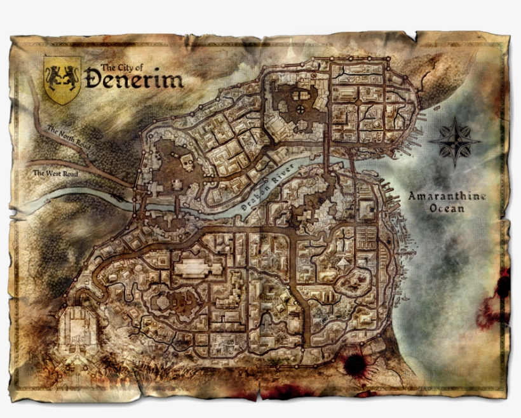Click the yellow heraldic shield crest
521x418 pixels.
coord(62,79)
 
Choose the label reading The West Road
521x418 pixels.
coord(55,172)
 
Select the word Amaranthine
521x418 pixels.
coord(447,196)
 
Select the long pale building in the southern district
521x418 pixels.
coord(196,268)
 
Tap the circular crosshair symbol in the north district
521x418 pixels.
coord(299,109)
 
